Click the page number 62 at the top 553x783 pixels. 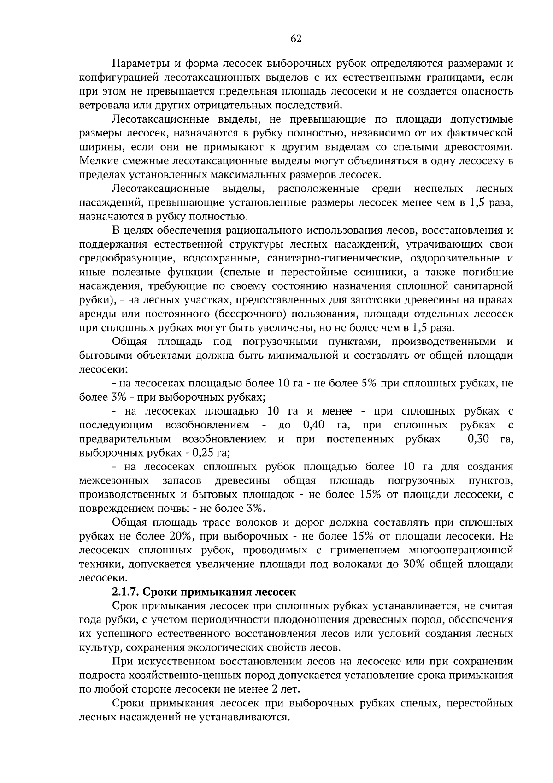point(296,39)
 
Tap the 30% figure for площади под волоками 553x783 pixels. point(414,564)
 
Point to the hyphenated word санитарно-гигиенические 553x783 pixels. point(333,258)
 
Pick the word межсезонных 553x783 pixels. point(114,480)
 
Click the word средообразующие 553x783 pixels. point(127,258)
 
